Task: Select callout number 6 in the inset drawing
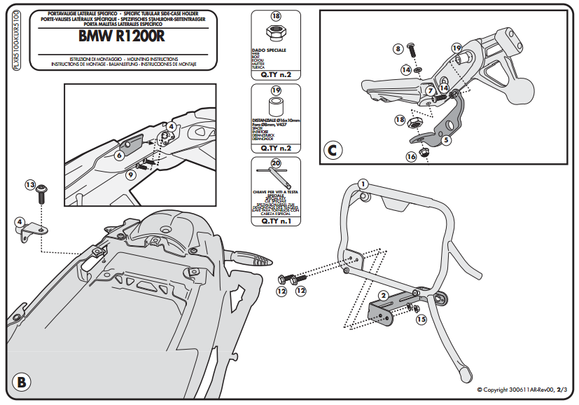pyautogui.click(x=120, y=155)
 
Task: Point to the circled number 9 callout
pyautogui.click(x=131, y=174)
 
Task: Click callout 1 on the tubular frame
pyautogui.click(x=363, y=184)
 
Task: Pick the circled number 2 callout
pyautogui.click(x=384, y=296)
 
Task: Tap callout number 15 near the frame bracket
pyautogui.click(x=421, y=320)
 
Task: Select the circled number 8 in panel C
pyautogui.click(x=398, y=48)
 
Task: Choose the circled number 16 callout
pyautogui.click(x=411, y=157)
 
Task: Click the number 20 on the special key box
pyautogui.click(x=276, y=163)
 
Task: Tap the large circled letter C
pyautogui.click(x=333, y=150)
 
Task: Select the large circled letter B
pyautogui.click(x=22, y=382)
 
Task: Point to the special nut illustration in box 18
pyautogui.click(x=275, y=32)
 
